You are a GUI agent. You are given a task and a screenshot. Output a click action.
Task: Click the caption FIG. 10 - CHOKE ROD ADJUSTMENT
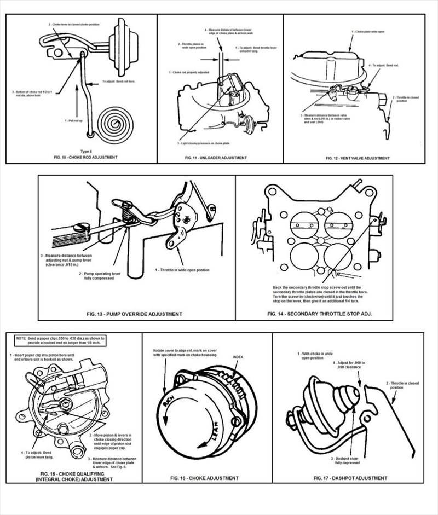[81, 157]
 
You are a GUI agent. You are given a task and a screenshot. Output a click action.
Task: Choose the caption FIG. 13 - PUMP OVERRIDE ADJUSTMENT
[135, 314]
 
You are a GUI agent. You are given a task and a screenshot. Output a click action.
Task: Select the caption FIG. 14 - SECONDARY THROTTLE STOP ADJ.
[314, 314]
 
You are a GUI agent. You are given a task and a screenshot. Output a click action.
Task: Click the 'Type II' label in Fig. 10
[80, 151]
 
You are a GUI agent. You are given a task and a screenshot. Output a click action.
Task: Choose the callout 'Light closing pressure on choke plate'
[209, 143]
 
